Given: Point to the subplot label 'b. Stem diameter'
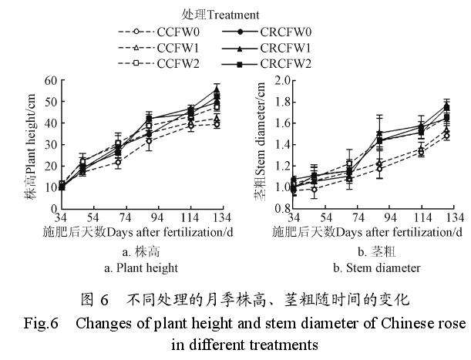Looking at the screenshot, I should (x=376, y=268).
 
